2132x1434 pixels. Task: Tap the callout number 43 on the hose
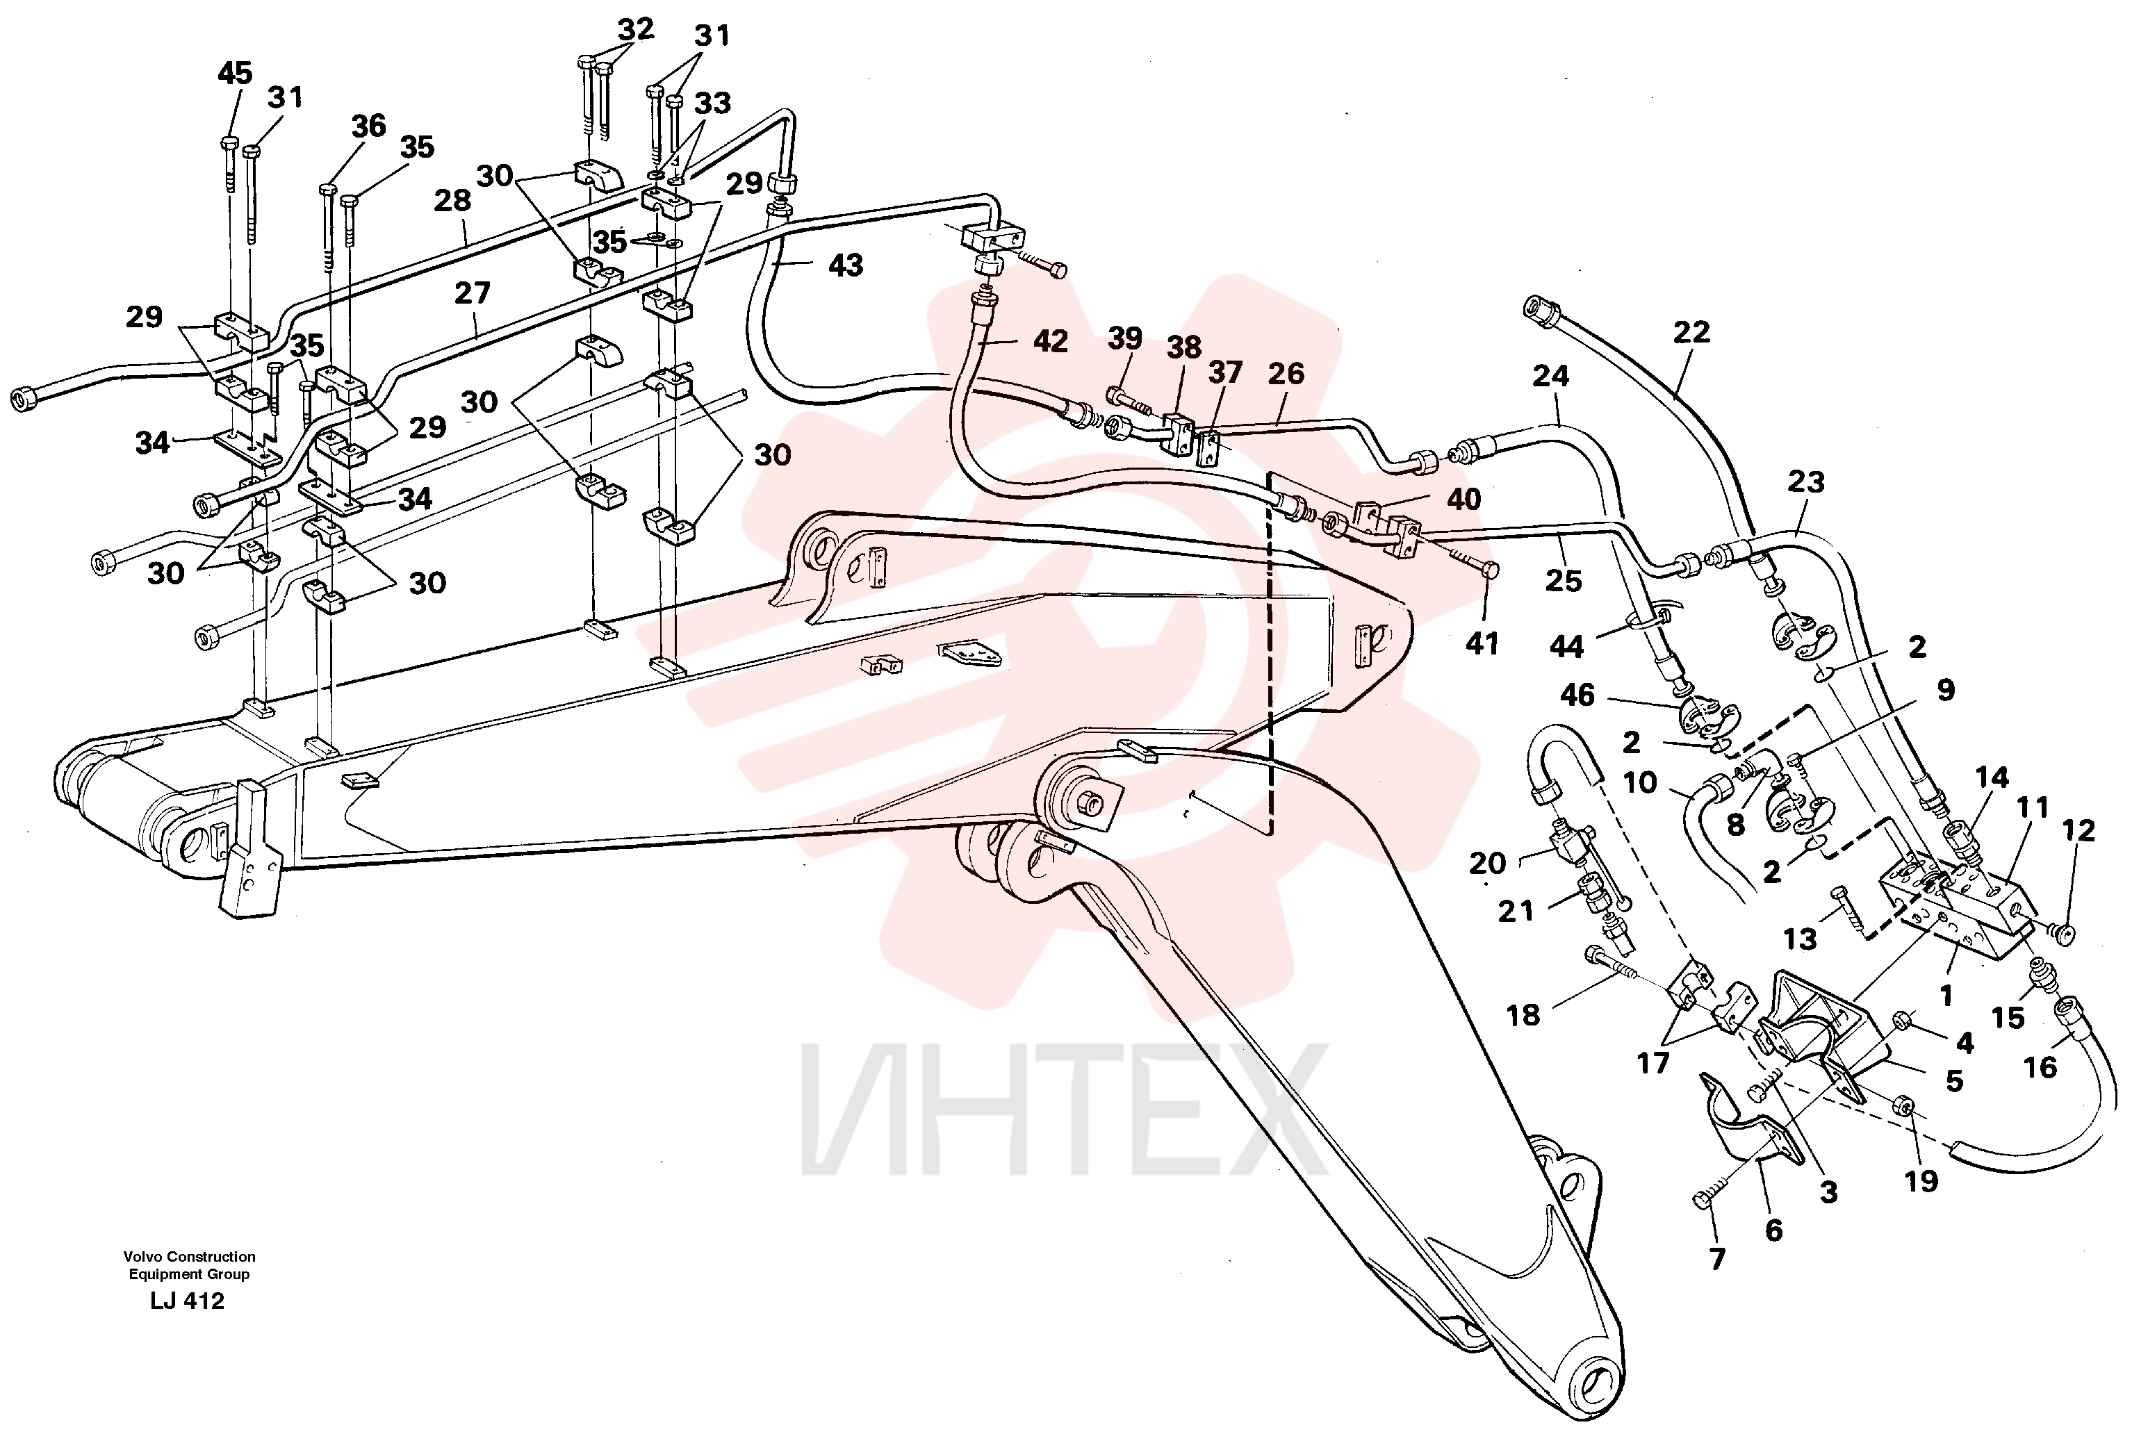pos(845,265)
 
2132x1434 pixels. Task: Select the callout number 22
pos(1691,332)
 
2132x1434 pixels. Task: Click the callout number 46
pos(1577,695)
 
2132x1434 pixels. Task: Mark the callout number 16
pos(2040,1067)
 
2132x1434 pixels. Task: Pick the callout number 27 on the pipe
pos(472,294)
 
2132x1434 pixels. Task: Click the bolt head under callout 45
pos(229,142)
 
